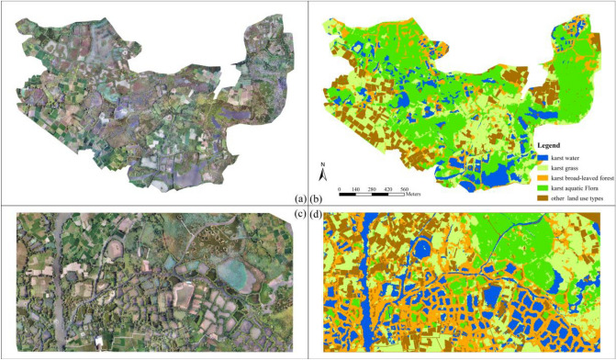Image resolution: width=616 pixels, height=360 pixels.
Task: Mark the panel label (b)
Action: [x=315, y=198]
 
